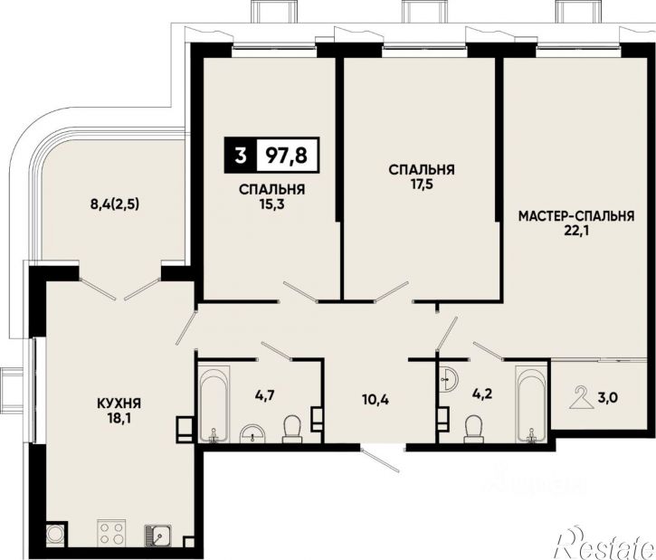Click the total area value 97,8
point(287,156)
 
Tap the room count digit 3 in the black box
point(240,156)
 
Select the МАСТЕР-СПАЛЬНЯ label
point(576,216)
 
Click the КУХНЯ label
point(119,403)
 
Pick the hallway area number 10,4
point(376,400)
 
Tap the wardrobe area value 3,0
point(608,397)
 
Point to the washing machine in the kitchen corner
point(55,533)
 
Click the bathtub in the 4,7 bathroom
point(214,403)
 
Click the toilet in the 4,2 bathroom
point(474,428)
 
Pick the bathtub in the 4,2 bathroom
point(531,403)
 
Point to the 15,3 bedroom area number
point(272,204)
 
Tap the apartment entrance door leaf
point(381,460)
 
